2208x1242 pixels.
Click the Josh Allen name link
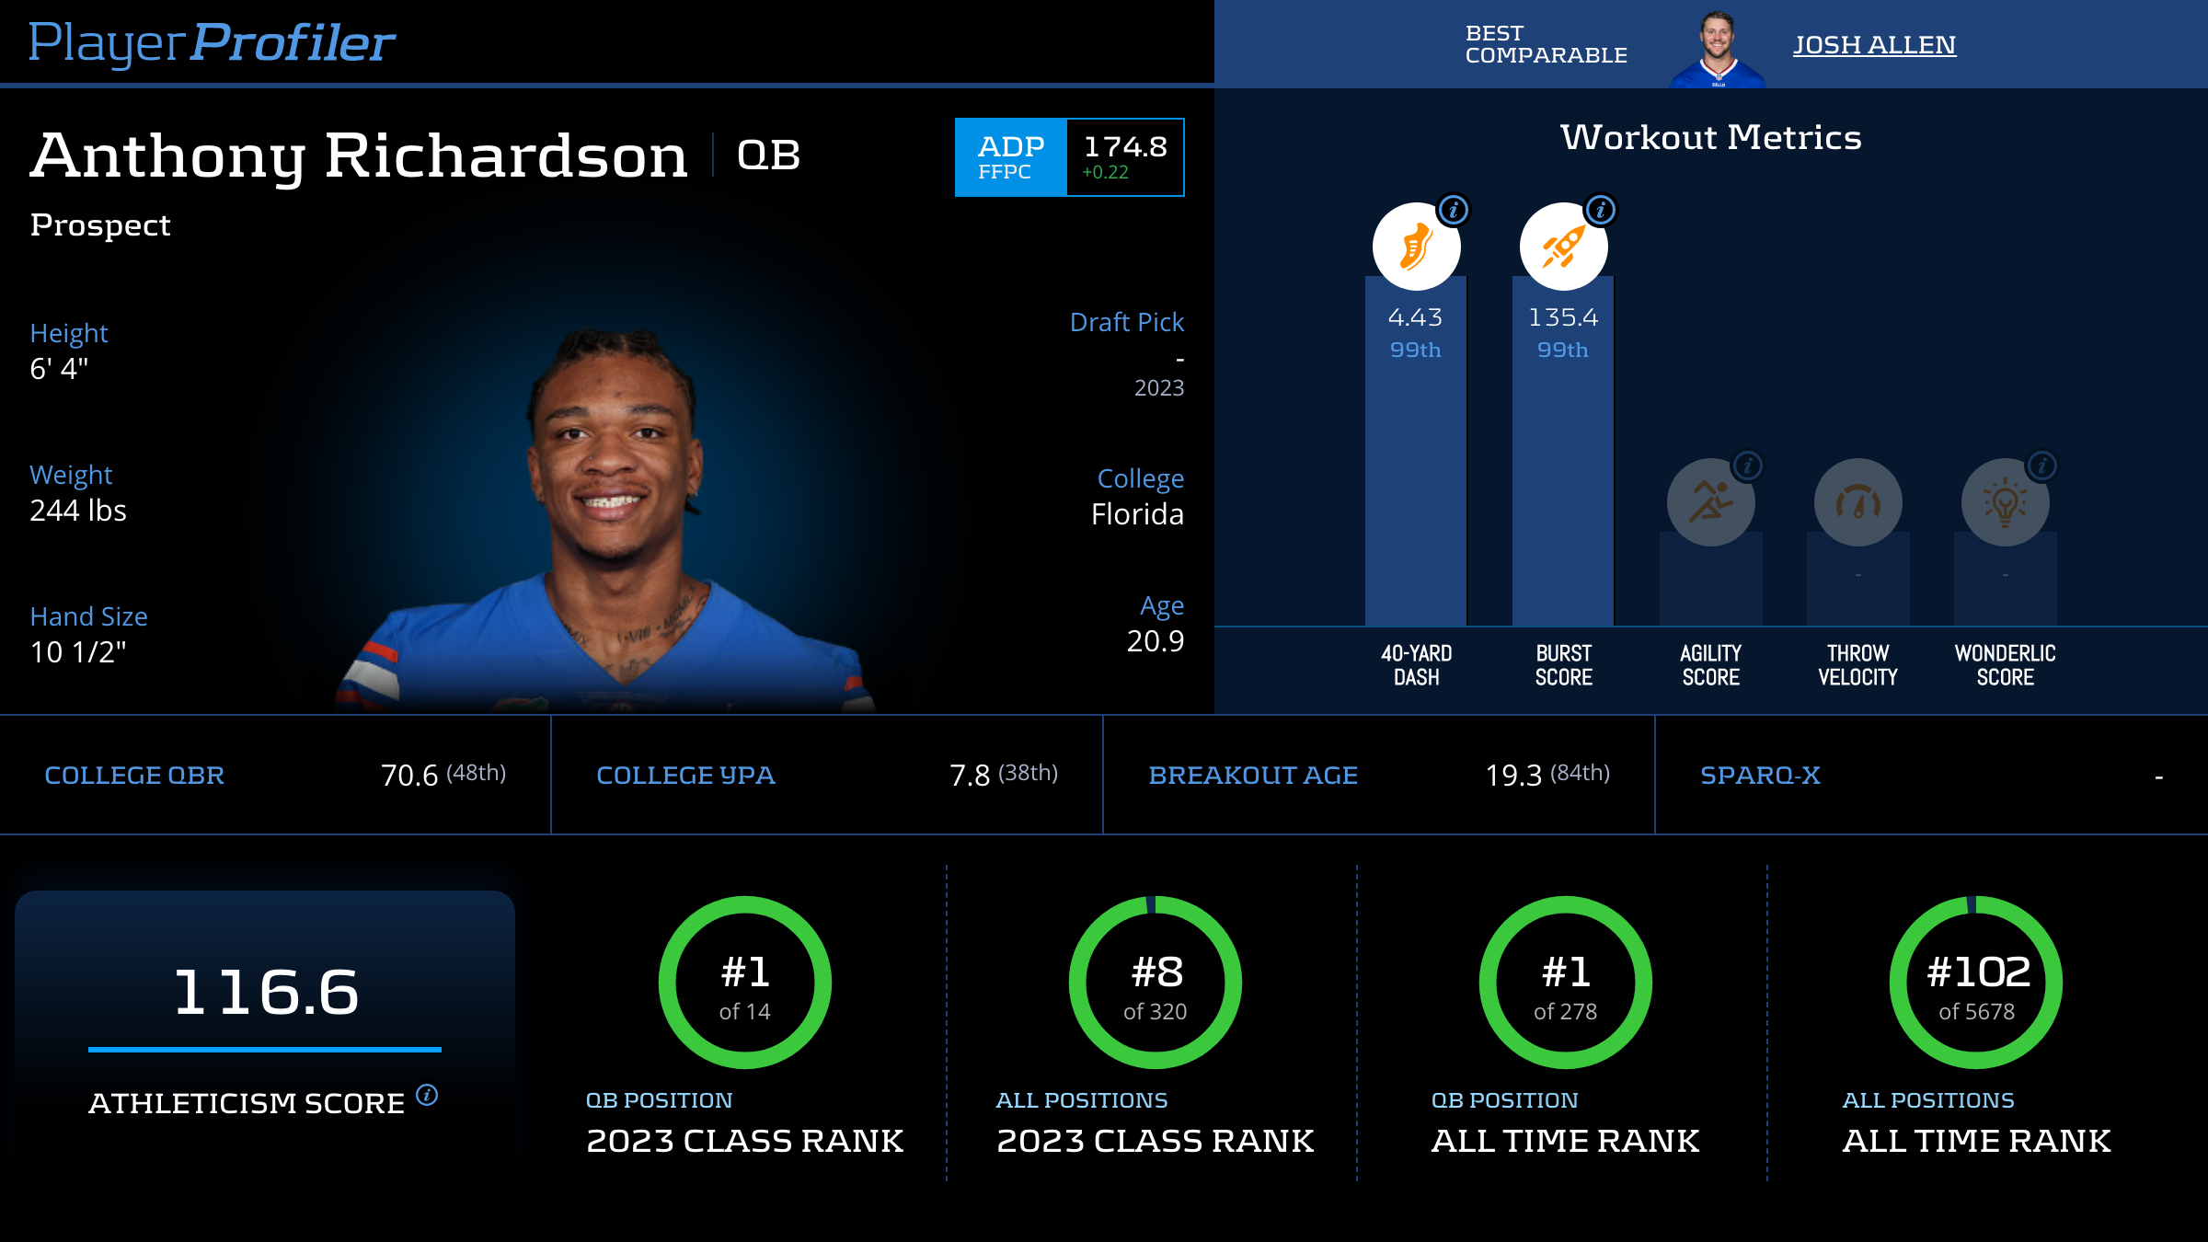pos(1874,45)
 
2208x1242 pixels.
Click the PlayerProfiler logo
pos(212,42)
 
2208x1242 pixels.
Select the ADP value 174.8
pos(1125,147)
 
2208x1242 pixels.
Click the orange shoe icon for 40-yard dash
pos(1416,247)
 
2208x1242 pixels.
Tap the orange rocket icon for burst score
pos(1563,247)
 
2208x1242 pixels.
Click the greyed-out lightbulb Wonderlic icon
pos(2005,502)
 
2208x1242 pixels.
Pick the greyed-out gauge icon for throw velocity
pos(1857,502)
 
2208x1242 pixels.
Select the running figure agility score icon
pos(1710,502)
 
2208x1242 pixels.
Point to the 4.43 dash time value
pos(1415,317)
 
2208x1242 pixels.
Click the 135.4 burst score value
pos(1563,317)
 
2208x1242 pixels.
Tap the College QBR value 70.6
pos(409,776)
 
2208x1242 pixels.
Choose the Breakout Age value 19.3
pos(1513,776)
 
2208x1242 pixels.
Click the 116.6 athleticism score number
pos(266,992)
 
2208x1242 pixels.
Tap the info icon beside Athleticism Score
pos(427,1095)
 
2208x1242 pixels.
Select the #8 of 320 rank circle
pos(1156,983)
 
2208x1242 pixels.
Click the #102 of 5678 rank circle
pos(1976,983)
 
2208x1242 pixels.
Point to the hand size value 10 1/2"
pos(78,652)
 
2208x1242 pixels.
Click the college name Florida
pos(1137,514)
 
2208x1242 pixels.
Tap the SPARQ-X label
pos(1760,776)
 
